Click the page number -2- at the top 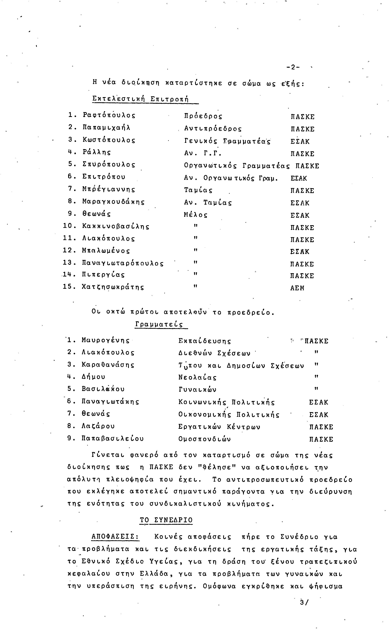pyautogui.click(x=293, y=67)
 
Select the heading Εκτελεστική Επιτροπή pyautogui.click(x=140, y=99)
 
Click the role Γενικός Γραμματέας pyautogui.click(x=227, y=141)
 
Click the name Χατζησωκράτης pyautogui.click(x=113, y=287)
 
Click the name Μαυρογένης pyautogui.click(x=105, y=341)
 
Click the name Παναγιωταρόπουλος pyautogui.click(x=123, y=263)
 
